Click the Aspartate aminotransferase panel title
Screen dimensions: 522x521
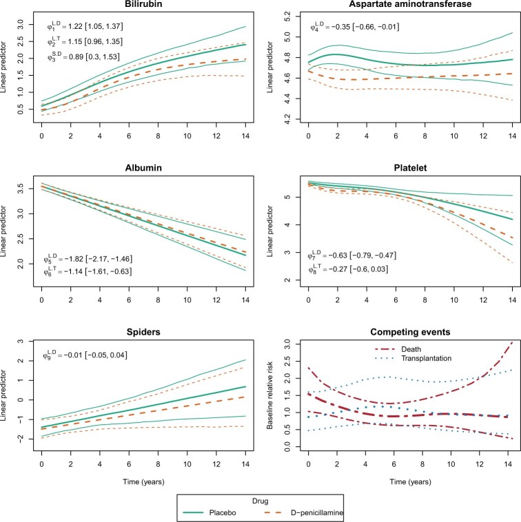click(x=400, y=6)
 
